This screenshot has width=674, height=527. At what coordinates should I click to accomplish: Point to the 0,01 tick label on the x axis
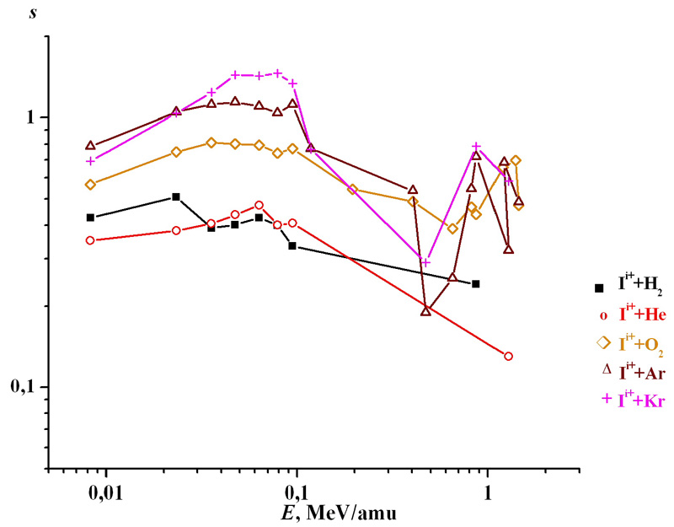coord(105,491)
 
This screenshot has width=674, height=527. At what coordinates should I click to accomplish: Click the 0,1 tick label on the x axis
coord(297,491)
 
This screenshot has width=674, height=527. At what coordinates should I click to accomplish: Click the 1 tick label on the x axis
coord(488,491)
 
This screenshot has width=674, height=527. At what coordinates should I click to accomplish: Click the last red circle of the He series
coord(508,356)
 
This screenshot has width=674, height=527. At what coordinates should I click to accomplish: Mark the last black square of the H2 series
coord(476,283)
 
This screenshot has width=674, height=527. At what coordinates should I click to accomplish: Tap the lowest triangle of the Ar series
coord(426,311)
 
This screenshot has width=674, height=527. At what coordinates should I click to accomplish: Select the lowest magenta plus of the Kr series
coord(425,262)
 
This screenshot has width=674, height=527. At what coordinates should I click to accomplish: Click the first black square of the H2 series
coord(91,218)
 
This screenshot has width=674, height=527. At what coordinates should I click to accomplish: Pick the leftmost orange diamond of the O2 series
coord(91,184)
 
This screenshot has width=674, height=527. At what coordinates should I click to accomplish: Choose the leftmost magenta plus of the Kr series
coord(91,160)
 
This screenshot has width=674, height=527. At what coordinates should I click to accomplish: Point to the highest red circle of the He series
coord(259,205)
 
